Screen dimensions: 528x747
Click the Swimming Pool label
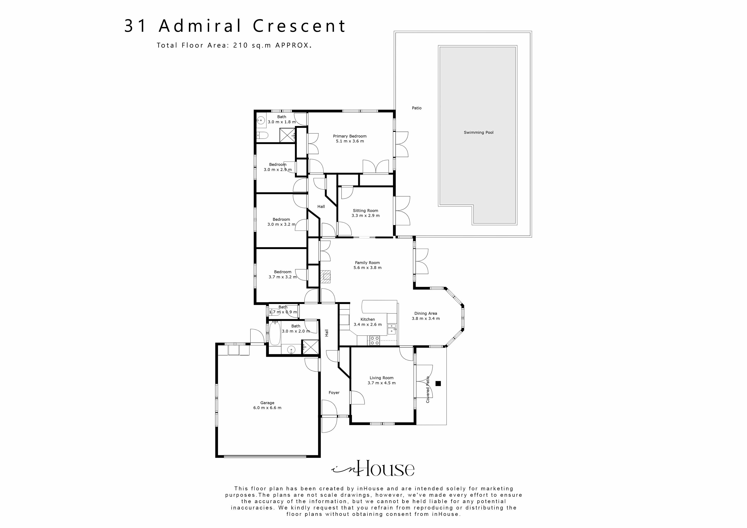pyautogui.click(x=478, y=132)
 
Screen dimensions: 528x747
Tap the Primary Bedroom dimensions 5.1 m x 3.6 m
pyautogui.click(x=350, y=141)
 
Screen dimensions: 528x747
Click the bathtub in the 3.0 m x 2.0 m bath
pyautogui.click(x=275, y=333)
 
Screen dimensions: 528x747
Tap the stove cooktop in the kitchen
pyautogui.click(x=375, y=341)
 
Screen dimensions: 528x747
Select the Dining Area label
pyautogui.click(x=425, y=313)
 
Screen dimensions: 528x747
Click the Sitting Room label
pyautogui.click(x=365, y=211)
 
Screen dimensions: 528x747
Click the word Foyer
pyautogui.click(x=334, y=393)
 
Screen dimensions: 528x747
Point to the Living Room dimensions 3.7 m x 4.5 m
pyautogui.click(x=381, y=383)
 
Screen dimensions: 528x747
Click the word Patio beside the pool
pyautogui.click(x=417, y=108)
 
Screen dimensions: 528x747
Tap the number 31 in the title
pyautogui.click(x=136, y=26)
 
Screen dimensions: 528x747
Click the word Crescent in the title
pyautogui.click(x=299, y=26)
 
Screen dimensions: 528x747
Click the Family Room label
pyautogui.click(x=367, y=263)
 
